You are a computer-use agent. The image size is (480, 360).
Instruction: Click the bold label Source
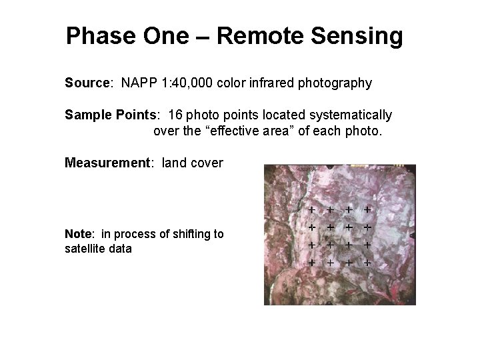coord(87,83)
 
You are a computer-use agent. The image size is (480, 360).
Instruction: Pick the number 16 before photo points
coord(176,115)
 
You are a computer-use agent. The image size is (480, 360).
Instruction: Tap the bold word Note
coord(79,235)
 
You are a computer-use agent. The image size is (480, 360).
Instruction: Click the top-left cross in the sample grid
coord(312,209)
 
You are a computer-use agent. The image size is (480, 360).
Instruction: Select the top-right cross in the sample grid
coord(367,209)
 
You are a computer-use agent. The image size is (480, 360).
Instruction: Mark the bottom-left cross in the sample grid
coord(312,262)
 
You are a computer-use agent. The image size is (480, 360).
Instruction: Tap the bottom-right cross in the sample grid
coord(367,262)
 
